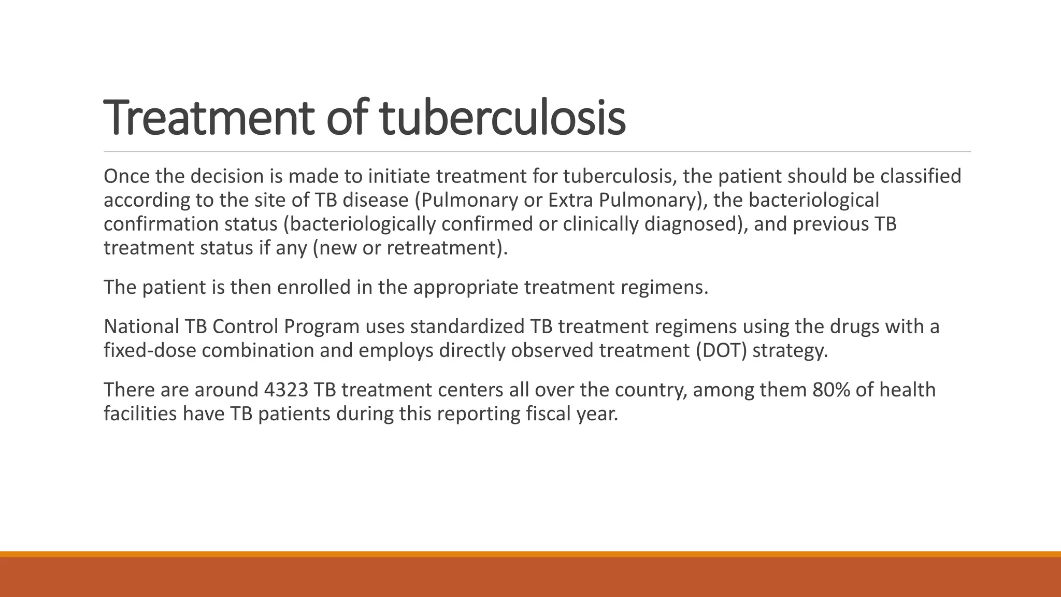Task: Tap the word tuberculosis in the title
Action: tap(503, 118)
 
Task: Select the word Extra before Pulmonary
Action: tap(570, 201)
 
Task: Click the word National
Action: tap(140, 327)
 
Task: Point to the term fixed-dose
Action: tap(150, 351)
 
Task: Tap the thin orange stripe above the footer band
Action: tap(530, 554)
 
